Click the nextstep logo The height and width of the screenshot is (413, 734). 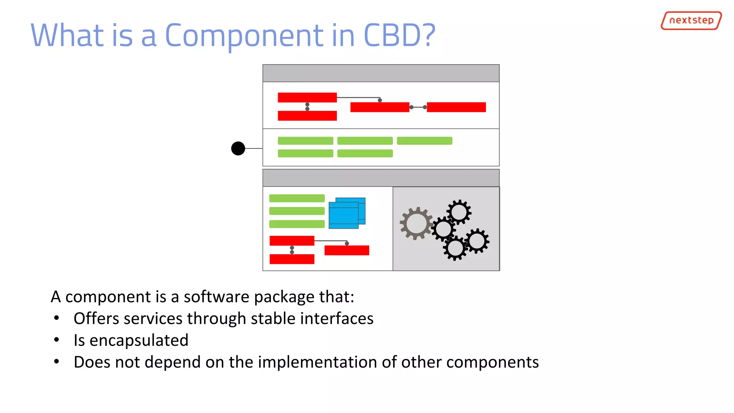tap(691, 20)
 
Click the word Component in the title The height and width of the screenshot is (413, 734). tap(244, 36)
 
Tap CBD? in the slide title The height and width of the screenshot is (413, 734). tap(399, 35)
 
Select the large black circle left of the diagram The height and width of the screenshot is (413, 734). tap(238, 148)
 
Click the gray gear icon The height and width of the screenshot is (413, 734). tap(416, 223)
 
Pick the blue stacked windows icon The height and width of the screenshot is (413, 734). tap(347, 213)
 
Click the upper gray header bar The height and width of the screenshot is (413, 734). tap(381, 73)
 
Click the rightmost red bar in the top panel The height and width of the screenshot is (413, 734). tap(456, 107)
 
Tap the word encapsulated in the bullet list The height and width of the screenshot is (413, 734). tap(139, 340)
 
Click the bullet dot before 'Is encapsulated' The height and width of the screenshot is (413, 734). tap(56, 340)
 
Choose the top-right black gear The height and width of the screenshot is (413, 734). tap(459, 212)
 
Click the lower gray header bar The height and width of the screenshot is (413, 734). tap(381, 178)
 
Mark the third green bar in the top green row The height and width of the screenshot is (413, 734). tap(424, 141)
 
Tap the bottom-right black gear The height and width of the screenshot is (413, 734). tap(477, 241)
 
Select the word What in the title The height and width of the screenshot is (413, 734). tap(67, 35)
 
